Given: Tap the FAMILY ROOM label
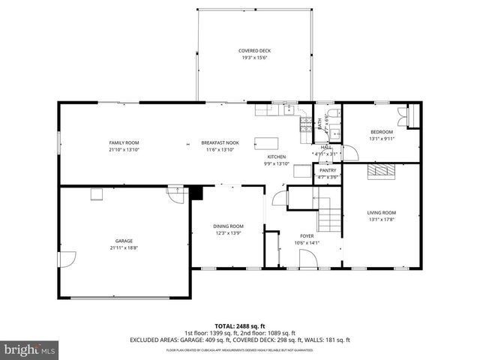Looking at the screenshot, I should (124, 142).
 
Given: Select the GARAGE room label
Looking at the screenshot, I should (124, 241).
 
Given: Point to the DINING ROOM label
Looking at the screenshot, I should (229, 226).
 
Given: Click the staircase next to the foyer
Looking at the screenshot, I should (327, 211).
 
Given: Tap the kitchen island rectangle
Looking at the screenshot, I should (266, 143).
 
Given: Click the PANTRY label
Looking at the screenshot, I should (328, 170).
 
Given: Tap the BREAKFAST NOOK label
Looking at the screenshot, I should (220, 142).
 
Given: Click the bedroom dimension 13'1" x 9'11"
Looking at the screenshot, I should (381, 139).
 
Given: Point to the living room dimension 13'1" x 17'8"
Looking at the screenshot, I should (381, 220).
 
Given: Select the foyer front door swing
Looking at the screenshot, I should (307, 258).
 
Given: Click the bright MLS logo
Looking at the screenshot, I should (30, 349).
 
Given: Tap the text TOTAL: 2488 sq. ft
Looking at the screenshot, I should (240, 326).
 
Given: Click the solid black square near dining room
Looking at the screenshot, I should (196, 193).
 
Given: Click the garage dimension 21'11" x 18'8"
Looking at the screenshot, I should (124, 247).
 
